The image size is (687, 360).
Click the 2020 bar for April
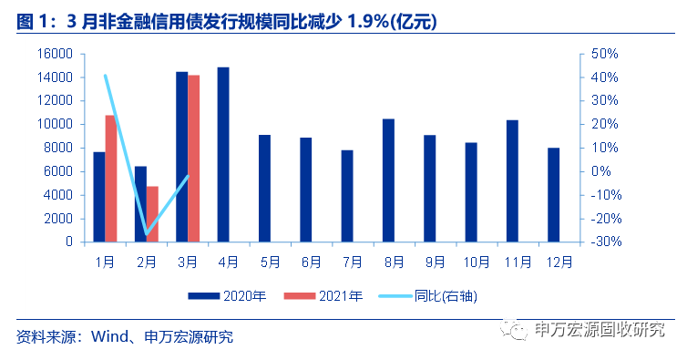pos(223,154)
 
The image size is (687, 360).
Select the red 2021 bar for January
pos(110,179)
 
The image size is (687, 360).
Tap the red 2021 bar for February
pos(152,214)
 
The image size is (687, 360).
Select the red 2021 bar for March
pos(193,159)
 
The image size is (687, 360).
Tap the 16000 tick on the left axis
pos(56,54)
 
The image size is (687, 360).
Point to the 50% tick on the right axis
pos(605,54)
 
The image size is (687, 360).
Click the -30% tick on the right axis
pos(605,242)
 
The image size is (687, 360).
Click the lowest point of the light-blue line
pos(147,235)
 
